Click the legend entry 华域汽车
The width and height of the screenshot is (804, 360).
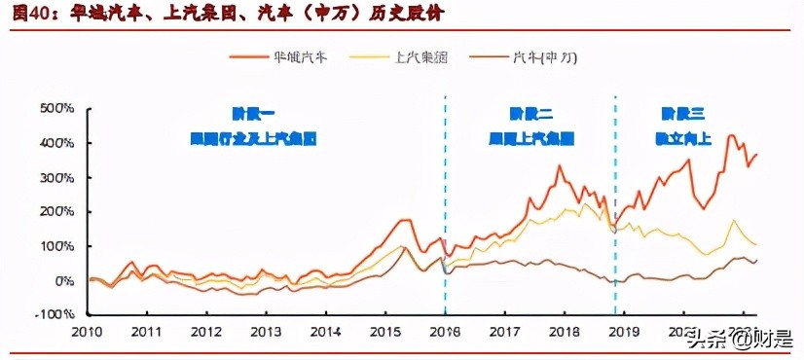tap(297, 57)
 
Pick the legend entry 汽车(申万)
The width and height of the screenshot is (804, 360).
tap(544, 57)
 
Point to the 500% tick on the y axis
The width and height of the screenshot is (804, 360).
tap(56, 108)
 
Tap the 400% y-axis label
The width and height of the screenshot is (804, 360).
tap(56, 143)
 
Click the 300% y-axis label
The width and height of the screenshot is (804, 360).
tap(56, 177)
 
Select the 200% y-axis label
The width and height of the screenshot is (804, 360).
tap(56, 211)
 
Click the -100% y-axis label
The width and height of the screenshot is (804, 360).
tap(55, 315)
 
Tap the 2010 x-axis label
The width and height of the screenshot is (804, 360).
tap(87, 332)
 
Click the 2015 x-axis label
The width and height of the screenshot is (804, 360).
tap(385, 332)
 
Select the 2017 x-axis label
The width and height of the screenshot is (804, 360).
tap(504, 332)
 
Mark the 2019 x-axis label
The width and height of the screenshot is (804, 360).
tap(624, 332)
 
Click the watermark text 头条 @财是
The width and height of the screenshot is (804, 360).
tap(740, 340)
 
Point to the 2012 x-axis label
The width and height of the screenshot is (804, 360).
tap(206, 332)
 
